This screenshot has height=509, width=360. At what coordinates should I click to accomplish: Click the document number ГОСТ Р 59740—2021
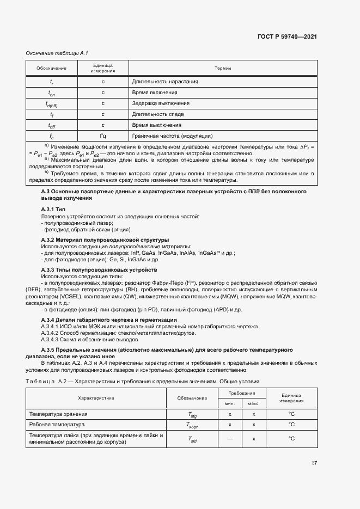[x=287, y=36]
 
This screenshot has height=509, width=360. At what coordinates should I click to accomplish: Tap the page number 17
[x=314, y=463]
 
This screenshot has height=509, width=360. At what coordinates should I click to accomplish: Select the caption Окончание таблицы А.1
[x=57, y=53]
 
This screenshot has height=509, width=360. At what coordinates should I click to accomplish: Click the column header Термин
[x=223, y=68]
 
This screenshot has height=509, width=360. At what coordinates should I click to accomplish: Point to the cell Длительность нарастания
[x=164, y=82]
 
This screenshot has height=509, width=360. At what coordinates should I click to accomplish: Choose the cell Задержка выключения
[x=161, y=103]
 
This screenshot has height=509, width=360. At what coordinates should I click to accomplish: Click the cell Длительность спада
[x=158, y=114]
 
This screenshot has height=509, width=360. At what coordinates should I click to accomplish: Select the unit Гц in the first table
[x=103, y=136]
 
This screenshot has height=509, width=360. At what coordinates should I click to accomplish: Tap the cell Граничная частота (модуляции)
[x=172, y=136]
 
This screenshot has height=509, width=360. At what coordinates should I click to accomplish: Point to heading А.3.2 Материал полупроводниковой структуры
[x=105, y=240]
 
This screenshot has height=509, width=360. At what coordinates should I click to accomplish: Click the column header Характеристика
[x=96, y=398]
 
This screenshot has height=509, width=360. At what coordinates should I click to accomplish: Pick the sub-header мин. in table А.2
[x=230, y=403]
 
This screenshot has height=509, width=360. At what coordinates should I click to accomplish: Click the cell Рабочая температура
[x=57, y=424]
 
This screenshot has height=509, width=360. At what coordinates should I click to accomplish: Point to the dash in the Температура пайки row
[x=230, y=438]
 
